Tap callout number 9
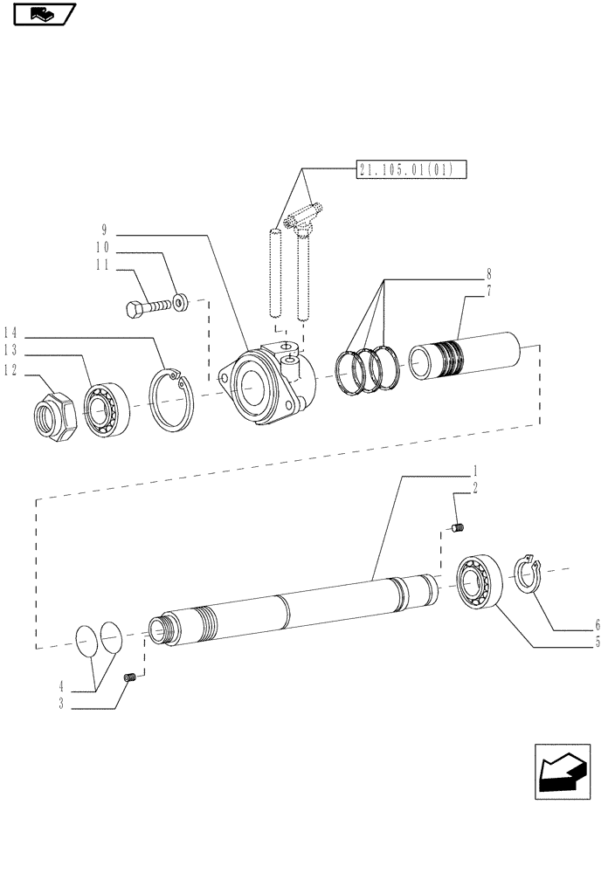[x=104, y=230]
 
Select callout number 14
[x=10, y=332]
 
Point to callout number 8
[x=489, y=272]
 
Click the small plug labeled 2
[x=460, y=526]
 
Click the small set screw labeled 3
[x=131, y=678]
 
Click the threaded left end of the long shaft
[x=158, y=629]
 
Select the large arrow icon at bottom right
[x=562, y=772]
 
